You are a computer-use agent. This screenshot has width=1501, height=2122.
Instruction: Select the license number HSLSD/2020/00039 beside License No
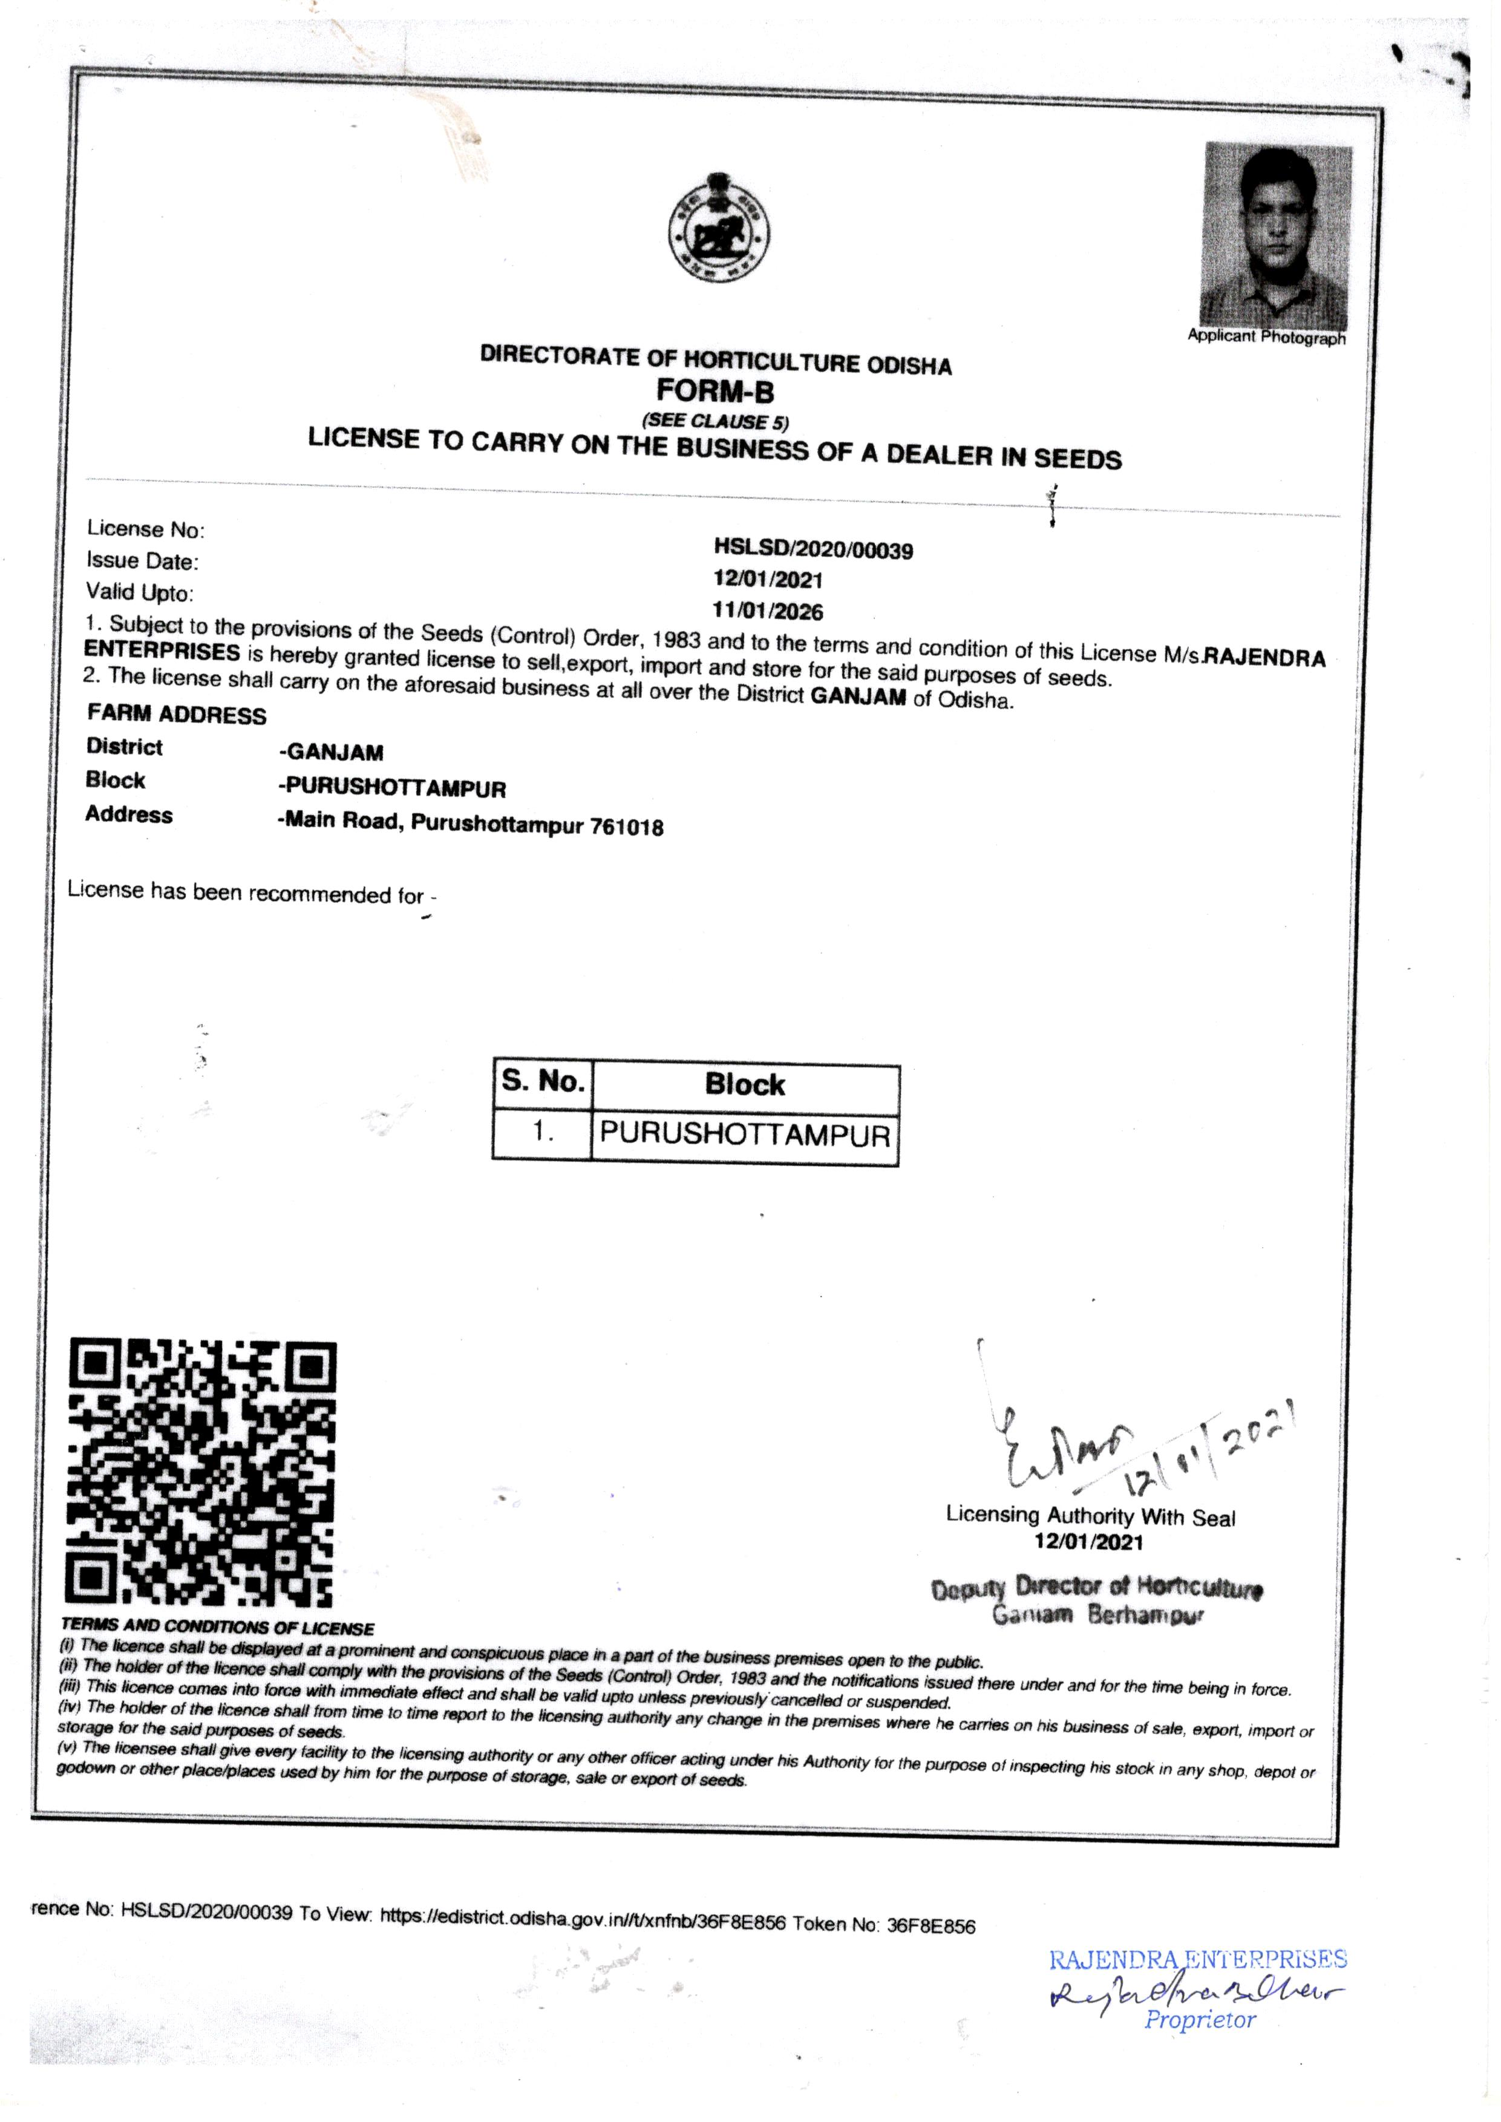click(x=813, y=550)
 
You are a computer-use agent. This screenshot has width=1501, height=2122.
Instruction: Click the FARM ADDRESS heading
click(x=177, y=715)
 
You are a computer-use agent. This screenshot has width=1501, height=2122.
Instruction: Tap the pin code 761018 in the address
click(x=627, y=827)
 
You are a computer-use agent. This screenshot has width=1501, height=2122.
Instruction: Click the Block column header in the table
click(x=745, y=1084)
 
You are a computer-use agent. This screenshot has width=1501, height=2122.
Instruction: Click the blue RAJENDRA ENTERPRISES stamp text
click(x=1197, y=1959)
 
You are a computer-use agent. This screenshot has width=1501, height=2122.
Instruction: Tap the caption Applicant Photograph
click(x=1266, y=338)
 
